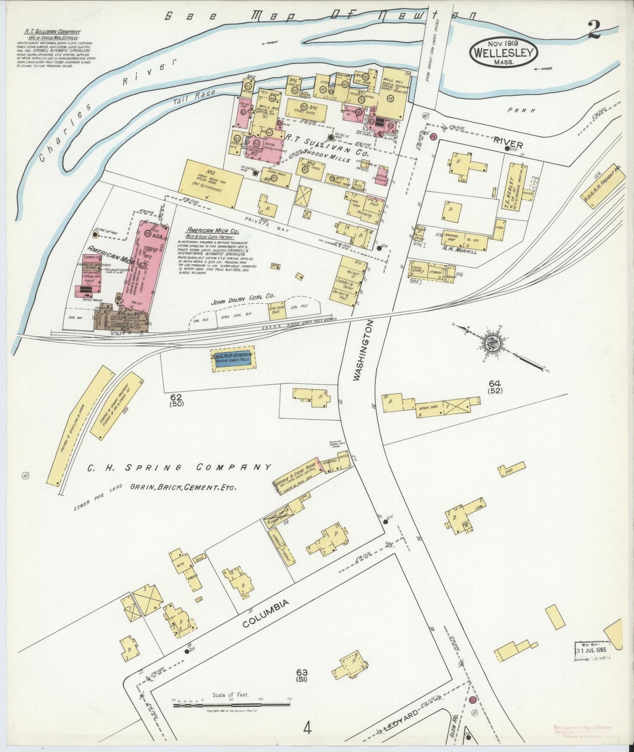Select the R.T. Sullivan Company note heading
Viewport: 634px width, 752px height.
(x=61, y=32)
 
